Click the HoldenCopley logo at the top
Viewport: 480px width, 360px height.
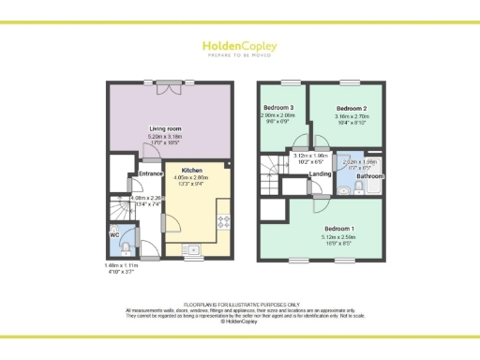(x=240, y=47)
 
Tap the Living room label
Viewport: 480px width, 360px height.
(x=165, y=128)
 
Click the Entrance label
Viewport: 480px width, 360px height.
(x=152, y=173)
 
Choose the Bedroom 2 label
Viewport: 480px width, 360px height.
(x=352, y=109)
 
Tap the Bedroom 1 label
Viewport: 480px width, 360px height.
(x=339, y=229)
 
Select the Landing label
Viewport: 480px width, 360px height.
(x=319, y=174)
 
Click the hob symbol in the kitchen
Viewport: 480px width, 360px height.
(x=224, y=222)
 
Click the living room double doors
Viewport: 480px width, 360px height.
(x=169, y=87)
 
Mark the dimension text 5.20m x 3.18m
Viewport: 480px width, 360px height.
(x=165, y=138)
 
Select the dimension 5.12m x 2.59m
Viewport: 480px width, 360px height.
(x=339, y=238)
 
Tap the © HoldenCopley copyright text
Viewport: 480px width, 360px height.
(x=240, y=322)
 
